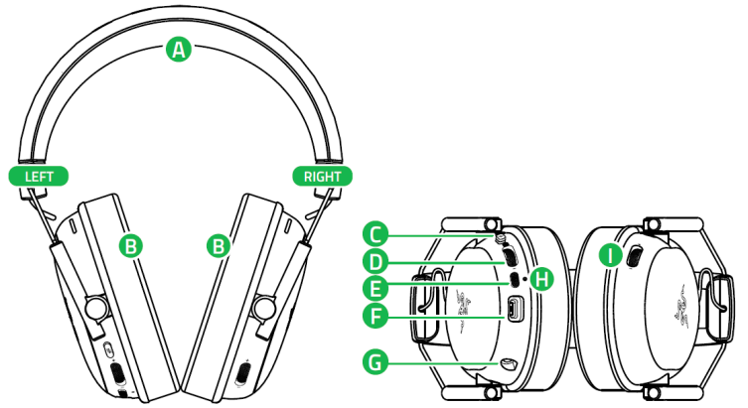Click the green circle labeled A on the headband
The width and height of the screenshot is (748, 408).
coord(179,49)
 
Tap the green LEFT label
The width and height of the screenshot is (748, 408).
coord(39,177)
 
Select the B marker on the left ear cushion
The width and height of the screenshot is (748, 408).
coord(128,244)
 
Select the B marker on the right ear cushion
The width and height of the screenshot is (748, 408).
coord(219,244)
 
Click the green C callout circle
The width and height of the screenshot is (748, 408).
coord(375,234)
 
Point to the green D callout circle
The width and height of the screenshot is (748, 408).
coord(375,262)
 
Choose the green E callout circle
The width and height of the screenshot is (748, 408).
coord(375,291)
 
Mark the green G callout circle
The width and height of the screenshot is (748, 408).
coord(375,364)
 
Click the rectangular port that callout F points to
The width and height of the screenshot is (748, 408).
coord(516,311)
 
